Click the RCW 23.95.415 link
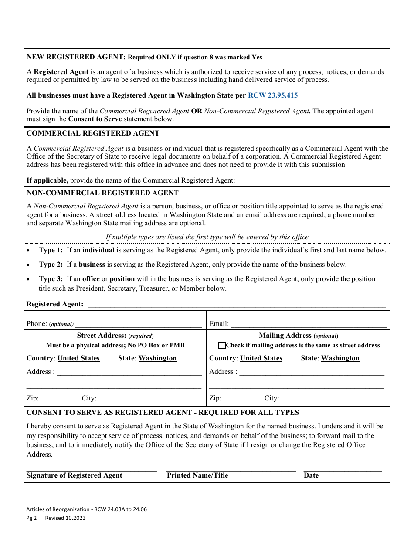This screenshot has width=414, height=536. (x=273, y=95)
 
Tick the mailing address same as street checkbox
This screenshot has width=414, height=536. (x=222, y=346)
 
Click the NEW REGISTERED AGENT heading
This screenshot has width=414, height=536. (x=76, y=57)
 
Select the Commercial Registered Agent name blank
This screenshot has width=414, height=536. (x=311, y=180)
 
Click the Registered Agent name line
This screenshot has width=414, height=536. (x=237, y=304)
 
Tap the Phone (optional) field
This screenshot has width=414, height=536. (x=139, y=324)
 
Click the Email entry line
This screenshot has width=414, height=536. (x=309, y=324)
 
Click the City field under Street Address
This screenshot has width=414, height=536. (x=149, y=398)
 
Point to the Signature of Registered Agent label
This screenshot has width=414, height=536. (x=75, y=475)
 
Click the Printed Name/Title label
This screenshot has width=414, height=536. (x=197, y=475)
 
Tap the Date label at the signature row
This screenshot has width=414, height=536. (x=311, y=475)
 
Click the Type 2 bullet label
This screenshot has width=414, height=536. (x=51, y=265)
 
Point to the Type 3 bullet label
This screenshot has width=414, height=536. (x=51, y=279)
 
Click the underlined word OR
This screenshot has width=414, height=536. (x=197, y=111)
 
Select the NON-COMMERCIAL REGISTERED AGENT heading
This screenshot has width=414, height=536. (x=102, y=193)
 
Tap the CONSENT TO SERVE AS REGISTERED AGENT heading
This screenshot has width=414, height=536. (x=163, y=413)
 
